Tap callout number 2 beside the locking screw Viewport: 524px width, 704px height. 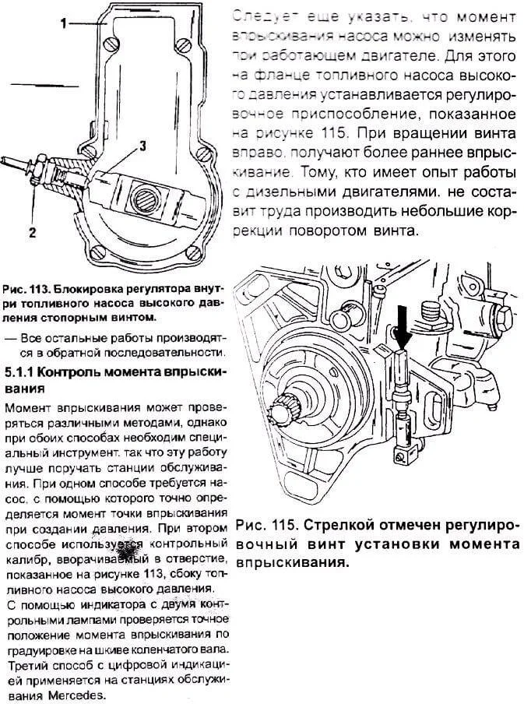[x=33, y=231]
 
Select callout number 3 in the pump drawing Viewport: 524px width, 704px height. [x=142, y=145]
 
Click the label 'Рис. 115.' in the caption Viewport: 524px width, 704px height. [x=264, y=525]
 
